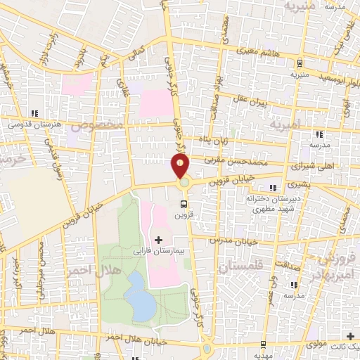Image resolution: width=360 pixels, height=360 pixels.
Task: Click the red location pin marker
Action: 181,167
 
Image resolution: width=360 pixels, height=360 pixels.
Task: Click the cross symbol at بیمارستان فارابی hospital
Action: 158,240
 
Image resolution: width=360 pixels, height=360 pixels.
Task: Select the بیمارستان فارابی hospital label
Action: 158,250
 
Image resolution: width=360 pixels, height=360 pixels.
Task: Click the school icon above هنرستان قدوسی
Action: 34,113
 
